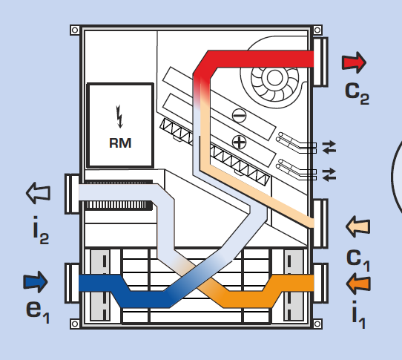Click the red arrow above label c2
354,62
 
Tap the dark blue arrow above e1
36,282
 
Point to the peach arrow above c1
358,226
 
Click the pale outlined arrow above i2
39,193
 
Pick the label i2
41,230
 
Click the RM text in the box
120,143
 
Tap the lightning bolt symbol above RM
119,117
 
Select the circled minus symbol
240,116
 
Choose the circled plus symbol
240,143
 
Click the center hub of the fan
274,78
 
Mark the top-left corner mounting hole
75,30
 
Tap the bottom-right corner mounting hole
317,324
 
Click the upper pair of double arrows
329,147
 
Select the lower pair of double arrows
329,174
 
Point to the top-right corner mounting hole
317,30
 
